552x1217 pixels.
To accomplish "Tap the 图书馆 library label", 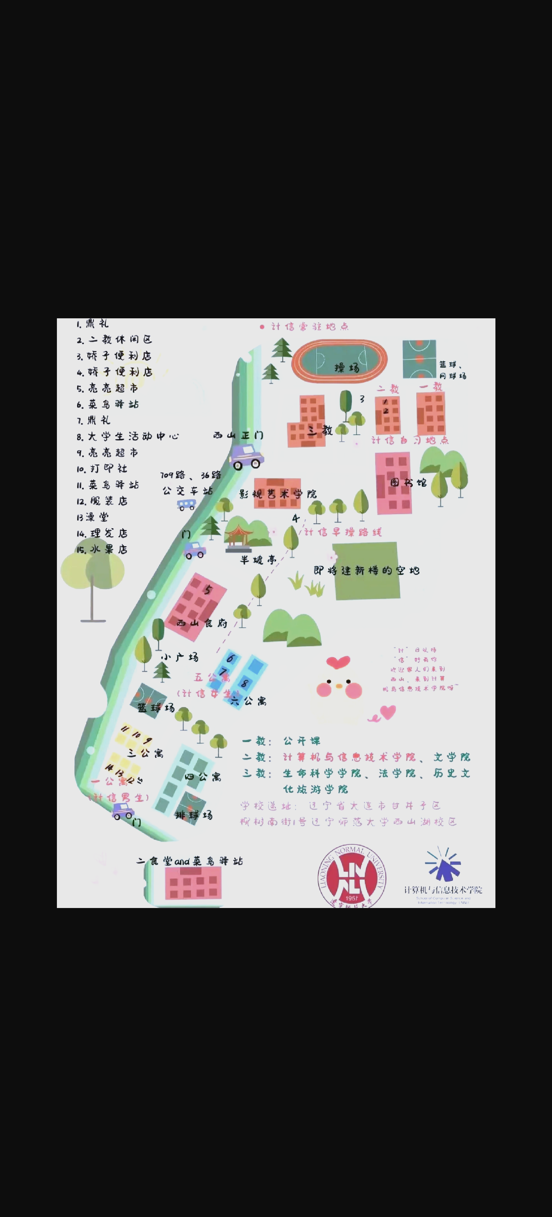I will point(408,482).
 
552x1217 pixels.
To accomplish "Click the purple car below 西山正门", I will point(246,456).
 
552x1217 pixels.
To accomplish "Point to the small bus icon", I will point(186,504).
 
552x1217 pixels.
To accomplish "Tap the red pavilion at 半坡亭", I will point(238,538).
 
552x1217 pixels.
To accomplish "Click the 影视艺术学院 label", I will point(278,494).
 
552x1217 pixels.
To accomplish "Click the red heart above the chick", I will point(338,662).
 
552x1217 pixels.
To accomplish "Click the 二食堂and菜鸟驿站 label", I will point(189,861).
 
